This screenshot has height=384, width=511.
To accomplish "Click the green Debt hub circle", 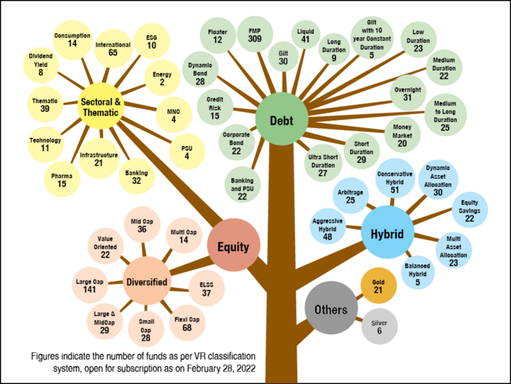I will point(281,120).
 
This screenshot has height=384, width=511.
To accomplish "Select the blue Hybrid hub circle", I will point(388,232).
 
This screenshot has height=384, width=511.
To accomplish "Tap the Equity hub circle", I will point(233,247).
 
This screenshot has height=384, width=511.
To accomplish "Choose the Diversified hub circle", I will point(147,282).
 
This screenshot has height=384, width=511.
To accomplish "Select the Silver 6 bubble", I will point(379,326).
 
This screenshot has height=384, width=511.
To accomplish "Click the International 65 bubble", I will point(112,50).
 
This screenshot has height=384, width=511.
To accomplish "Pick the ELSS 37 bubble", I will point(206,288).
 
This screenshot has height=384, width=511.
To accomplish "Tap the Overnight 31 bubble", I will point(407,93).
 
